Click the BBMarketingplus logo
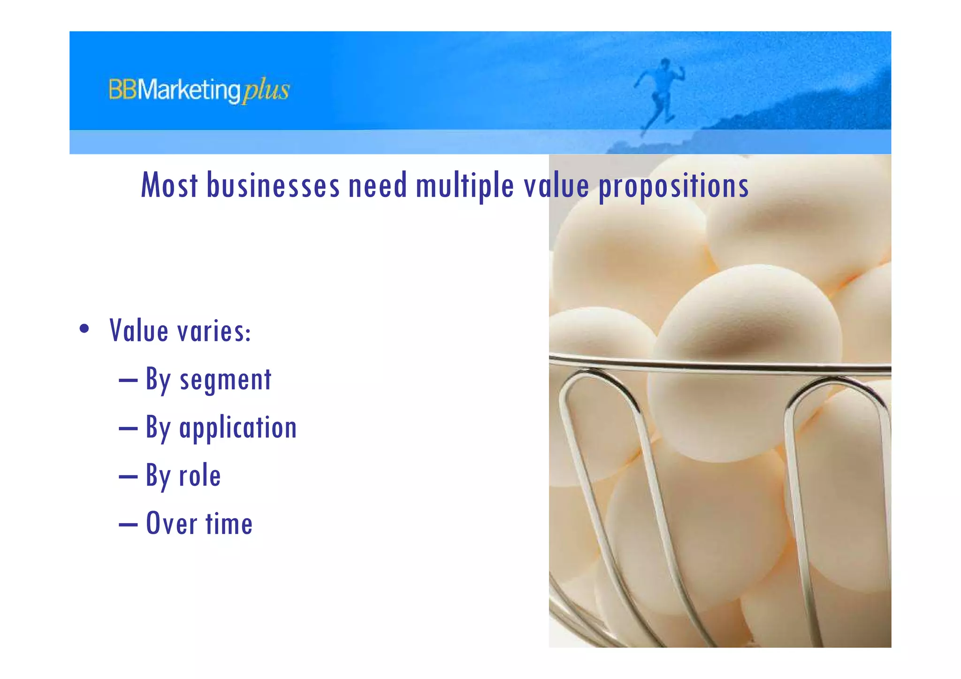(x=199, y=90)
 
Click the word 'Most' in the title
(x=169, y=185)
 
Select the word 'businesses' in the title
(x=273, y=185)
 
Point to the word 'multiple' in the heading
(x=465, y=185)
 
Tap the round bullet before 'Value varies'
(x=84, y=328)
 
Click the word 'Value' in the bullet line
(x=139, y=330)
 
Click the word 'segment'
(x=225, y=380)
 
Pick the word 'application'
(x=238, y=428)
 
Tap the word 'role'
(x=200, y=476)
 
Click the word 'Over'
(x=171, y=524)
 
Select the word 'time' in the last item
(x=229, y=524)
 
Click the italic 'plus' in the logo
(x=266, y=90)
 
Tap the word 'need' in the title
(x=377, y=185)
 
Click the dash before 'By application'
(x=128, y=428)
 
